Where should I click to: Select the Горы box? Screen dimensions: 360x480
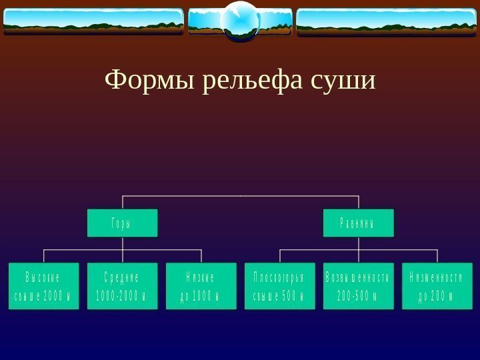pos(123,223)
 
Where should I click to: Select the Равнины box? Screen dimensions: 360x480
pos(358,223)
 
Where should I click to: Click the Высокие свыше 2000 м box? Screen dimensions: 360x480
pos(43,286)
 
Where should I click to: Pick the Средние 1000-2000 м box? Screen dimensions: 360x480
pos(123,286)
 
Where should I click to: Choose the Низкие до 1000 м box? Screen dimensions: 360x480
pos(201,286)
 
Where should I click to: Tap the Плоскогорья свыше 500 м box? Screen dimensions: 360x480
pos(279,286)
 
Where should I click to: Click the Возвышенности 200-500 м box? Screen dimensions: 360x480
pos(358,286)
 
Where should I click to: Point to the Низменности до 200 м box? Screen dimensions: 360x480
pos(437,286)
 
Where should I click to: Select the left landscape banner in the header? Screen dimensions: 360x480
pos(93,21)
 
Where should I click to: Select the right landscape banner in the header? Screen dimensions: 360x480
pos(386,21)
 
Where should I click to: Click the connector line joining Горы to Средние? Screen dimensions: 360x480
pos(123,249)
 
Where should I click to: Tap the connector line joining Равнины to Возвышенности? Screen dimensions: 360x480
pos(358,249)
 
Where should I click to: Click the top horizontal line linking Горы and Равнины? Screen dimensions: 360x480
pos(240,196)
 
